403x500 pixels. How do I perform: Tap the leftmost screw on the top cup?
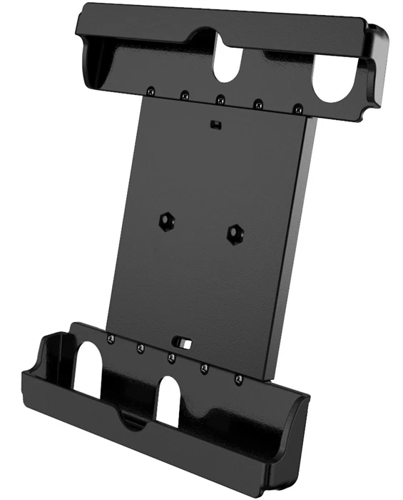coord(151,91)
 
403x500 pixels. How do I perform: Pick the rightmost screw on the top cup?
coord(296,109)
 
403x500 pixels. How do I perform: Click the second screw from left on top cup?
coord(184,94)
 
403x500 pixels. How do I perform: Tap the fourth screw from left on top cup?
coord(257,104)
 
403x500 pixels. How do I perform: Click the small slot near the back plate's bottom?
coord(185,344)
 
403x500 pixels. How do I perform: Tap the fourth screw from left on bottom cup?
coord(204,367)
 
